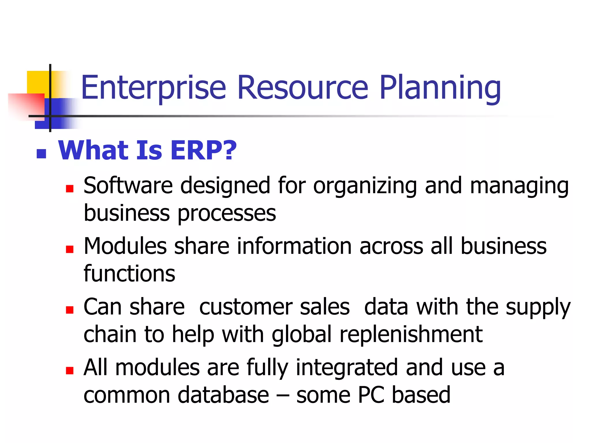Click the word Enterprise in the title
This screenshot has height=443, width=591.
[x=153, y=87]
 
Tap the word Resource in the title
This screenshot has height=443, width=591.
[x=302, y=87]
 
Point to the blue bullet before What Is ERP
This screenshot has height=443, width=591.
[x=42, y=154]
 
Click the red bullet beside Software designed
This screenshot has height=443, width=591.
[x=70, y=189]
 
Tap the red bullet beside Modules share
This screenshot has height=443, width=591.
[x=70, y=249]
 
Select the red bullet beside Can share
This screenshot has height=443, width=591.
[x=70, y=310]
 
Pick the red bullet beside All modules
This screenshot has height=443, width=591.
[x=70, y=370]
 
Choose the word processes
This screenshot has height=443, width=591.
[x=227, y=214]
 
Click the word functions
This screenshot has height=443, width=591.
[x=129, y=273]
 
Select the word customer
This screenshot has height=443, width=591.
[x=246, y=307]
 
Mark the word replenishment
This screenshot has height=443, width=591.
[x=411, y=335]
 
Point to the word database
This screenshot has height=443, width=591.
[x=223, y=395]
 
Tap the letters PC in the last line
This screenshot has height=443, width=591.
[x=371, y=395]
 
